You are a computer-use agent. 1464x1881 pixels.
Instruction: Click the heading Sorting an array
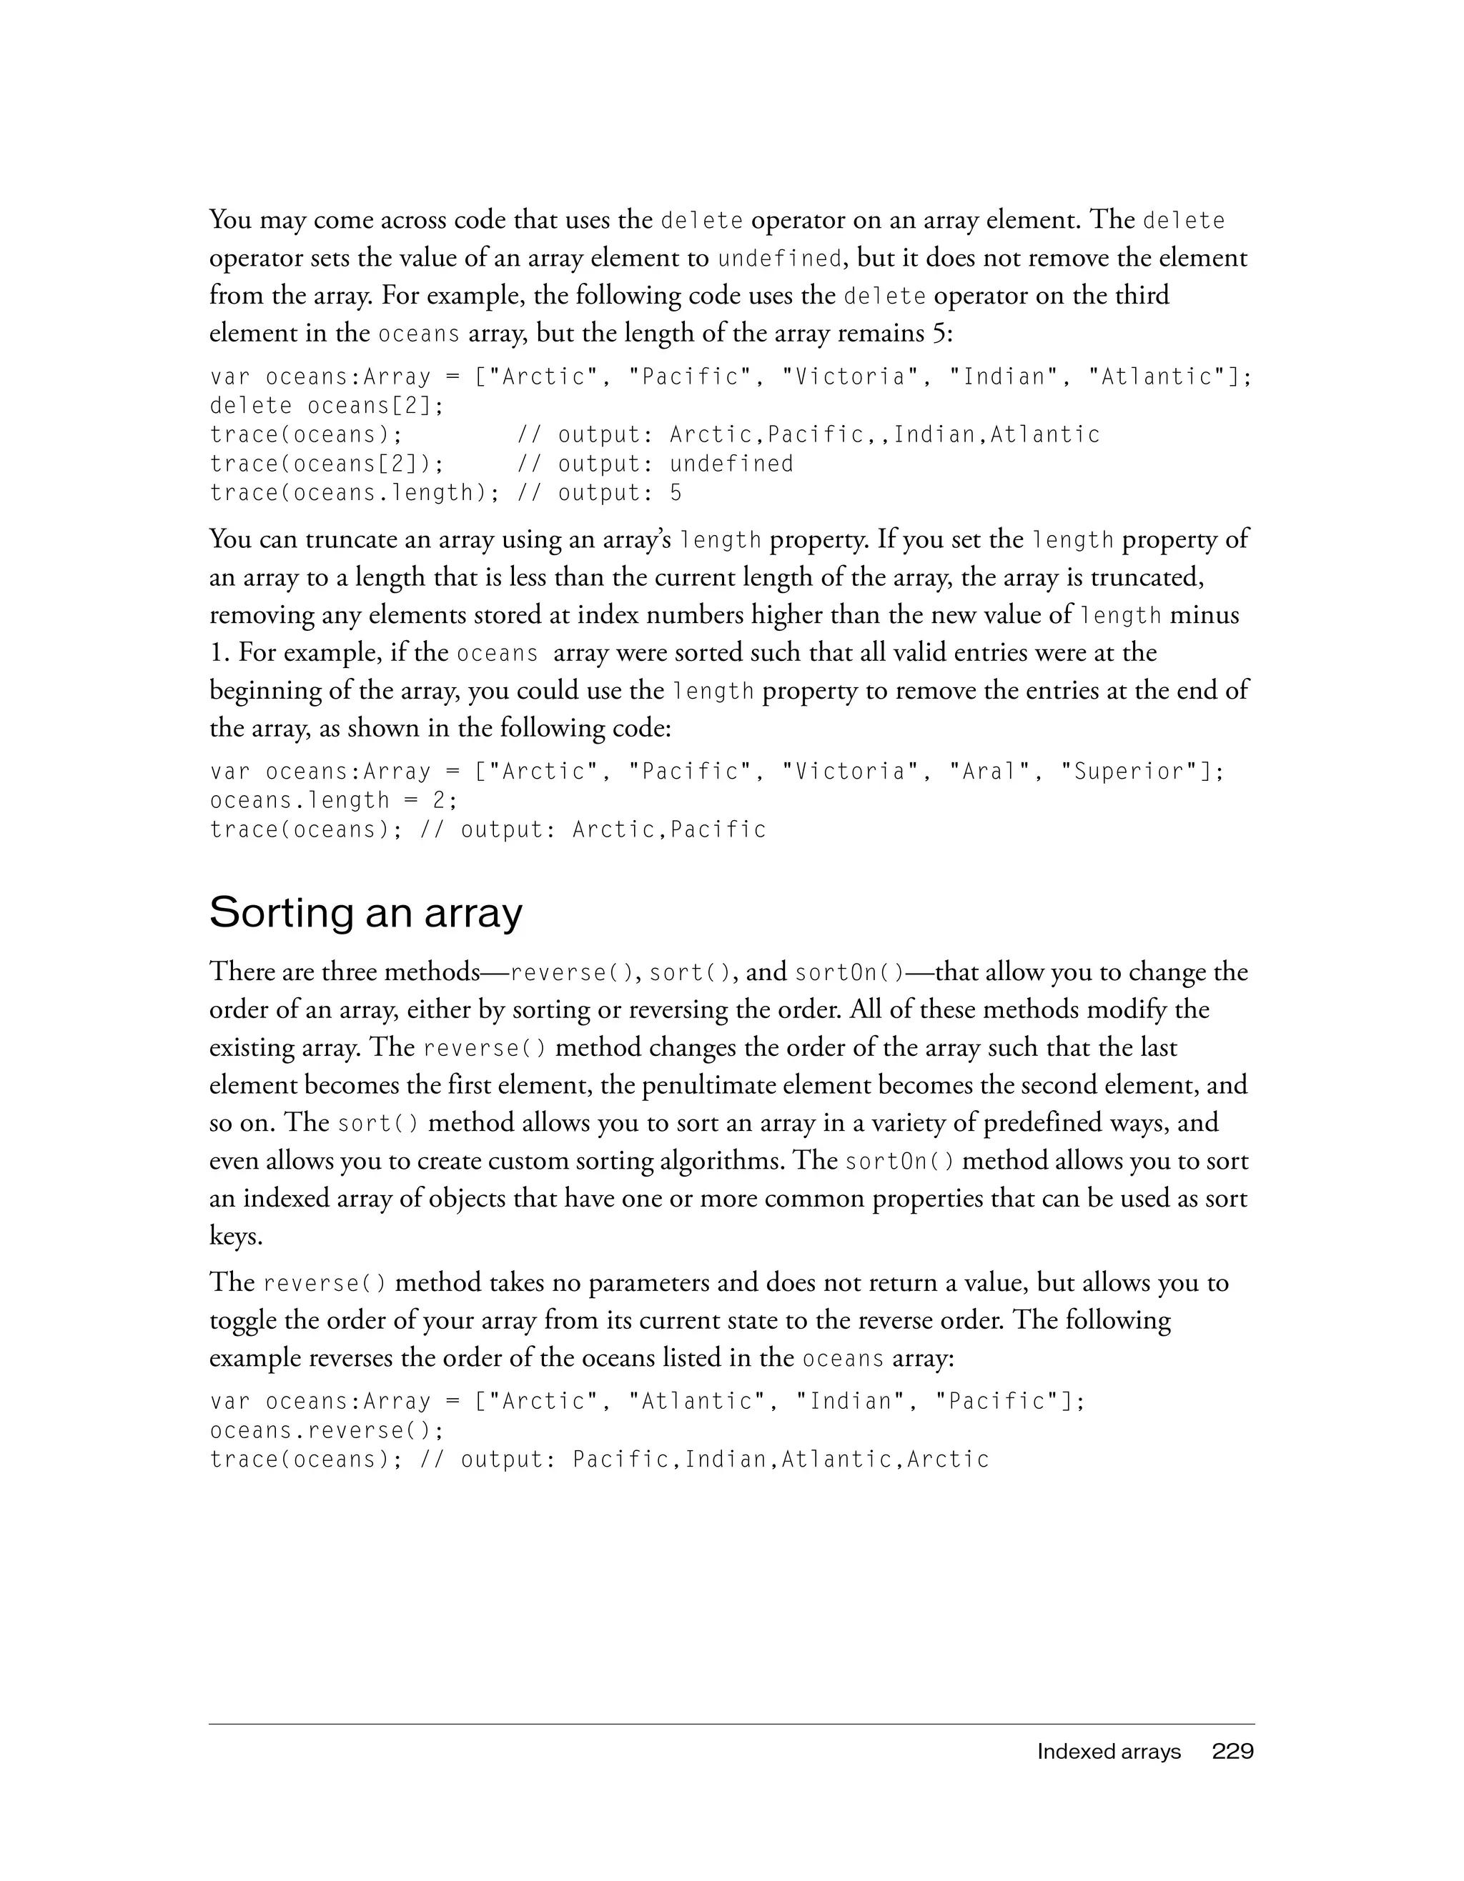point(365,914)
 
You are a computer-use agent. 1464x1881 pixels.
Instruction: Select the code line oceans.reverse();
point(327,1430)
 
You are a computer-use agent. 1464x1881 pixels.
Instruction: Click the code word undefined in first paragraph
point(779,259)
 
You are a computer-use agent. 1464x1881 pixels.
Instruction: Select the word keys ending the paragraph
point(235,1237)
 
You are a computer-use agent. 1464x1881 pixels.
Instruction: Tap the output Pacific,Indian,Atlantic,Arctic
point(781,1460)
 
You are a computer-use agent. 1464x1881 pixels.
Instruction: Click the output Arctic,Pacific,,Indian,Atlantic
point(885,435)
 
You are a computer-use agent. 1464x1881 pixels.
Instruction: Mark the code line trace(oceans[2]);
point(327,464)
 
